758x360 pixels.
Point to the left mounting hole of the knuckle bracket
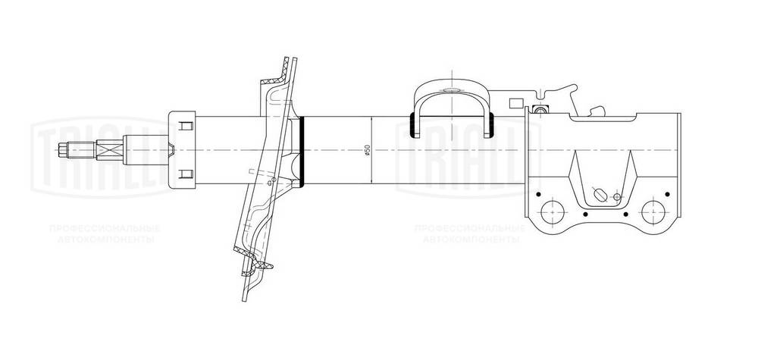[x=552, y=210]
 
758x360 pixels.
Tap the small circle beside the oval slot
[x=617, y=199]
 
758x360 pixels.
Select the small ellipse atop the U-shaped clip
[x=452, y=92]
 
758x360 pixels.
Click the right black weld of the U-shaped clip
[x=491, y=124]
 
